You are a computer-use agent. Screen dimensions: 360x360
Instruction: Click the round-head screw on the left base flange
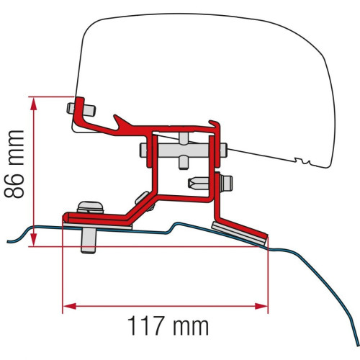pos(89,207)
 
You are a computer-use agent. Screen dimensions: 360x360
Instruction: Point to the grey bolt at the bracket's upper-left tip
pos(81,109)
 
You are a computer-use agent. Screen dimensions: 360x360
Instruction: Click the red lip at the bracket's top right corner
pos(214,125)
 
